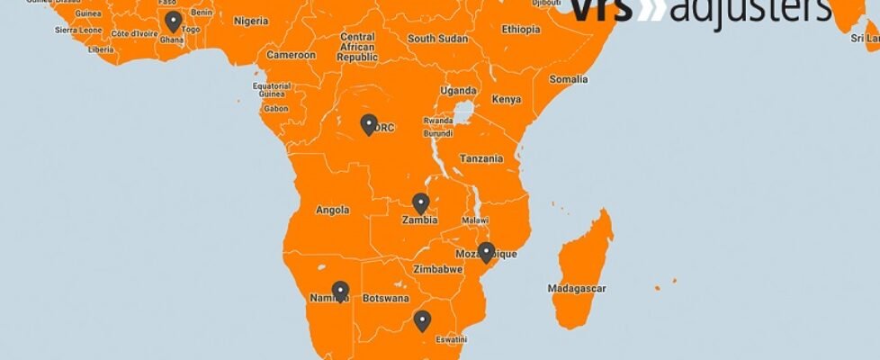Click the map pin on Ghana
click(x=174, y=22)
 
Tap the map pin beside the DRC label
click(x=368, y=124)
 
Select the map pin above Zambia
click(x=420, y=203)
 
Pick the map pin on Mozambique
click(x=486, y=252)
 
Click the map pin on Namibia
click(x=340, y=291)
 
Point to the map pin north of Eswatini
click(x=422, y=319)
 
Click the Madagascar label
click(x=577, y=289)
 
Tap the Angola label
click(x=332, y=211)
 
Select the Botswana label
click(x=385, y=299)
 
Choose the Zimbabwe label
click(x=438, y=269)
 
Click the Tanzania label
click(x=481, y=158)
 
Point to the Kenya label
click(x=507, y=99)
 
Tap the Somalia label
click(x=569, y=79)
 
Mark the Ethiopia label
click(x=521, y=30)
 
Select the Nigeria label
click(x=251, y=21)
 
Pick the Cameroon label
click(x=291, y=55)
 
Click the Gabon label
click(x=276, y=108)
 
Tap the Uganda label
click(x=458, y=90)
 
